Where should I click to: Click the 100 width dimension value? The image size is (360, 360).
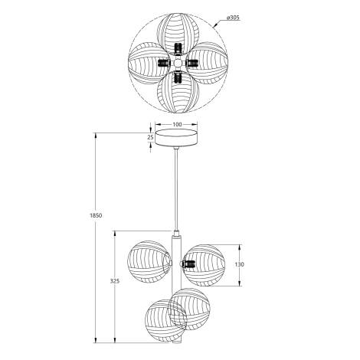[177, 123]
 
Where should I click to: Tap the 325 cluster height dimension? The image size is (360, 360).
[114, 282]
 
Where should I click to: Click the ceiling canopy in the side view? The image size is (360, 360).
[177, 139]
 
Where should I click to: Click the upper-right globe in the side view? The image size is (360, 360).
[205, 264]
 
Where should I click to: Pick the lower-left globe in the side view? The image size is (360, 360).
[162, 321]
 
